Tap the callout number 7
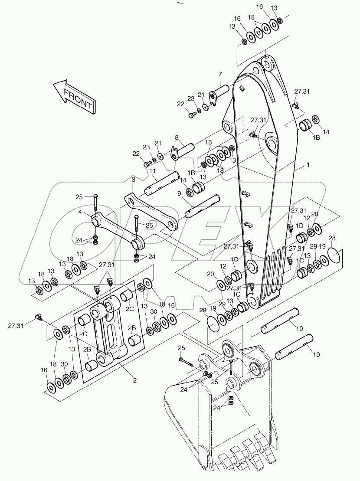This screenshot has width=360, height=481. pos(220,74)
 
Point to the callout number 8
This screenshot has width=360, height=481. pos(177,137)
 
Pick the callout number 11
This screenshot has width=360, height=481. pos(153,171)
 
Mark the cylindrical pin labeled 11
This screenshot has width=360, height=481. pos(163,182)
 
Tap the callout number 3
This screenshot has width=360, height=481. pos(134,179)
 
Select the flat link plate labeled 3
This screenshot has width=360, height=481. pos(150,211)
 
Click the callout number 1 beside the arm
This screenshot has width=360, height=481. pos(308,165)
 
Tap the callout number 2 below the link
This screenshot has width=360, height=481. pos(135,380)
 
